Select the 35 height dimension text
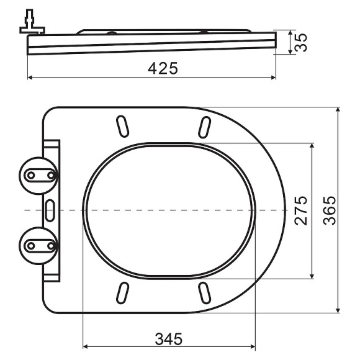click(300, 42)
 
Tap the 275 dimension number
click(300, 211)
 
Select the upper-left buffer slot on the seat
click(123, 125)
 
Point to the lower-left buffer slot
click(123, 292)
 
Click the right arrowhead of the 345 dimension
click(253, 348)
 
